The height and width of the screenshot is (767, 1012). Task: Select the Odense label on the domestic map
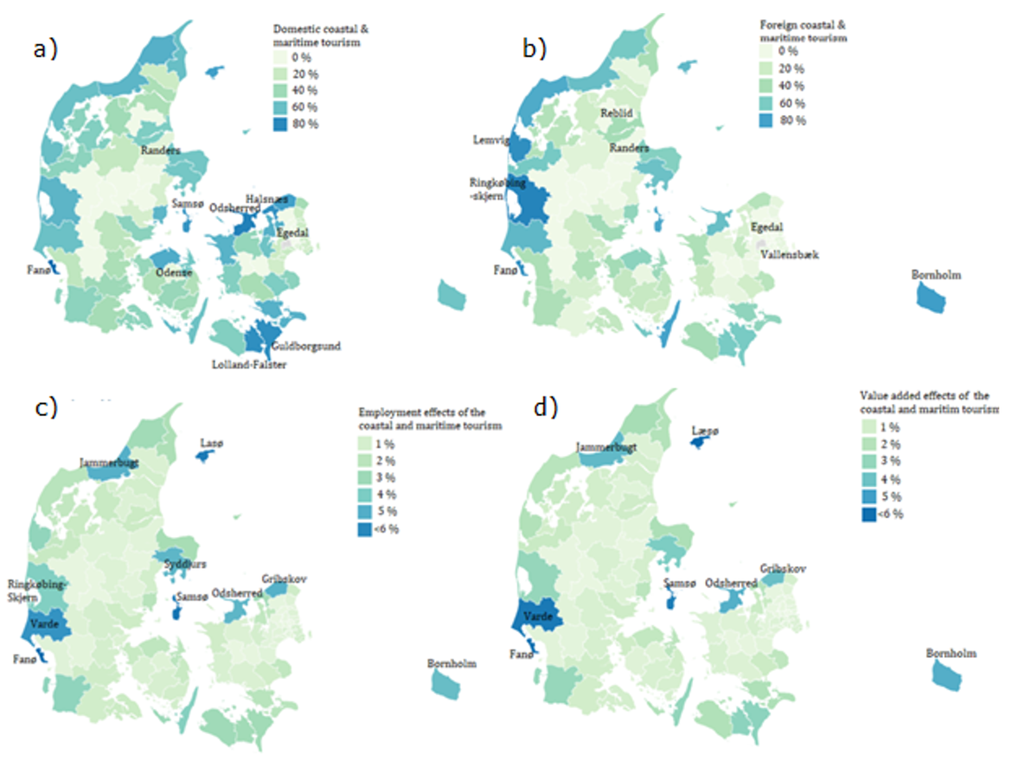174,272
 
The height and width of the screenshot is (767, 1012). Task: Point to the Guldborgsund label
305,346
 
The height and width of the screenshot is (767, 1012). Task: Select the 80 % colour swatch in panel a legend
282,125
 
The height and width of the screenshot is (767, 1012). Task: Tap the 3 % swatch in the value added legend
871,462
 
